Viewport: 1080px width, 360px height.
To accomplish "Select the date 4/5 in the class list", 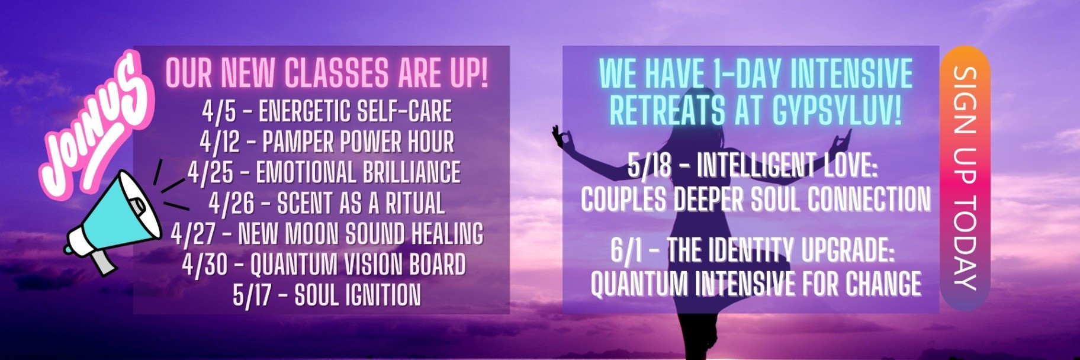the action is tap(220, 111).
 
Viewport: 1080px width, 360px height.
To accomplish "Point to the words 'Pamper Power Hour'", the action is tap(358, 142).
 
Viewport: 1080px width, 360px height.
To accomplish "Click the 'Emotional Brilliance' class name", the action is tap(358, 172).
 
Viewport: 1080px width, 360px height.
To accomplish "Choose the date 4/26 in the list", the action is tap(232, 204).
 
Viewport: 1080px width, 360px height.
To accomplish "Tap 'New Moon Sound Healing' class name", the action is tap(361, 234).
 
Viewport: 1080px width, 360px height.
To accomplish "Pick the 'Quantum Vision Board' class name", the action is tap(358, 265).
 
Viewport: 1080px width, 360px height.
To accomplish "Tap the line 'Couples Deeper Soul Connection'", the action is tap(756, 199).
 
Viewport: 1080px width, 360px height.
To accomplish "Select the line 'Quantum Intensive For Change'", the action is tap(756, 284).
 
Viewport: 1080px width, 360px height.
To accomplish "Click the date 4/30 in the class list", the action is tap(205, 265).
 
